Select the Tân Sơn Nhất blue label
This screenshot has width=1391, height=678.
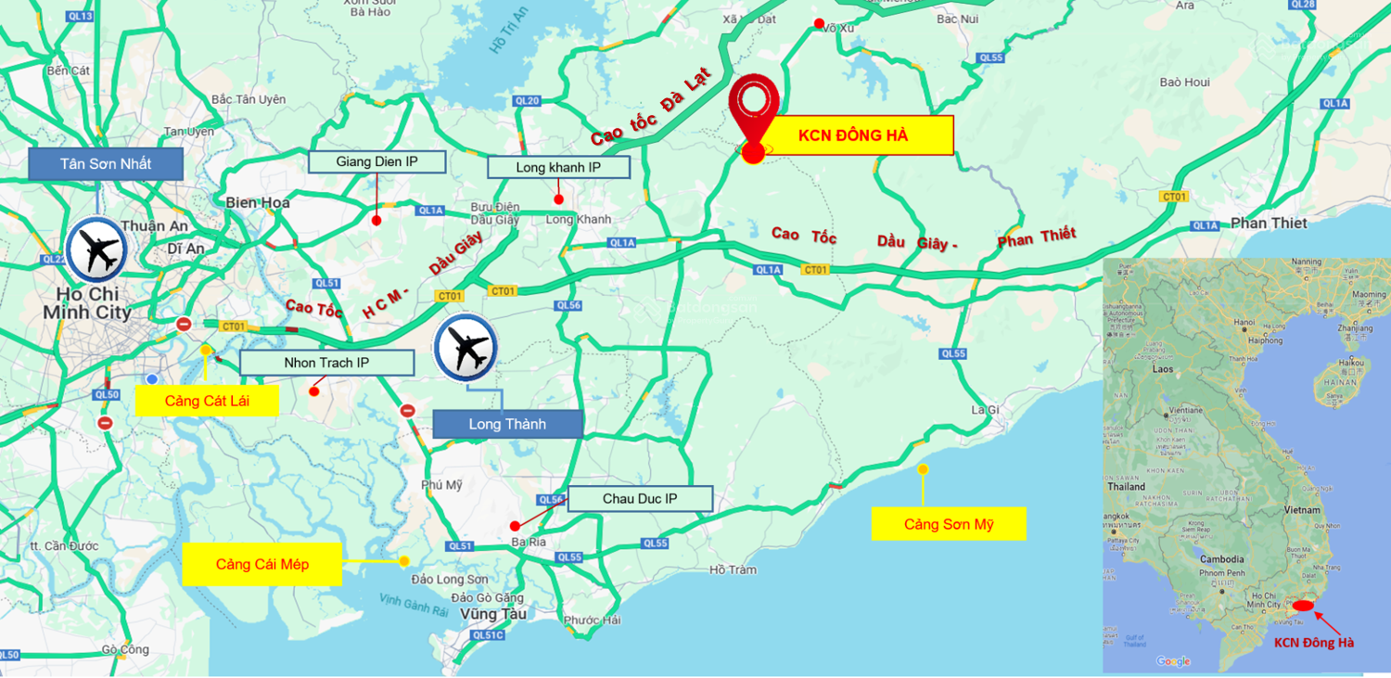106,164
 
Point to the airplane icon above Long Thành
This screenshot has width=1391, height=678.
466,349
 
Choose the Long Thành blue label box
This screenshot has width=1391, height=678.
507,424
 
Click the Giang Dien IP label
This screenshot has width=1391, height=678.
376,162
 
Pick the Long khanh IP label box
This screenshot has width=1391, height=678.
558,167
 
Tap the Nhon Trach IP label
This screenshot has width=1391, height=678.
326,363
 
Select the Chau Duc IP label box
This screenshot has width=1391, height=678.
640,499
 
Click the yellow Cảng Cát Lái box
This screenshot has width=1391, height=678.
207,401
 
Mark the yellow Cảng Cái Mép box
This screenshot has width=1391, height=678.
262,564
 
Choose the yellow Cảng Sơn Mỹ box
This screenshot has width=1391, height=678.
949,524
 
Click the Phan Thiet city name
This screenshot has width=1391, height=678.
1268,224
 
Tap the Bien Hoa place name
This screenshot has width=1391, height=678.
257,202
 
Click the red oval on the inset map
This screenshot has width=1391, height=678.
1302,606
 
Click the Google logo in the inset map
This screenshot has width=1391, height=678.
1173,661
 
